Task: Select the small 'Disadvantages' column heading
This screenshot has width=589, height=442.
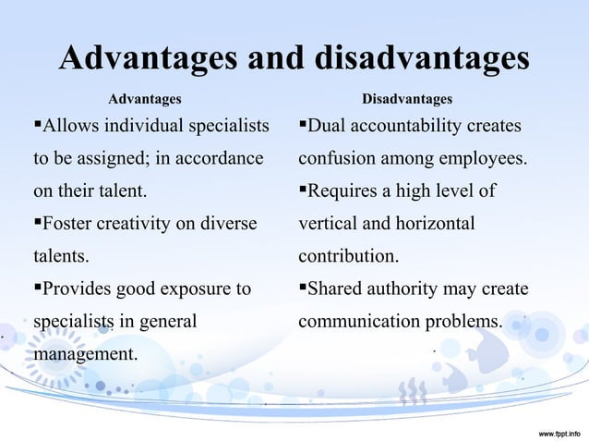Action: tap(407, 98)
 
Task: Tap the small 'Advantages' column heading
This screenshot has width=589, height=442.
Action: tap(145, 98)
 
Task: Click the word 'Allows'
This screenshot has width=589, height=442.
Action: tap(72, 125)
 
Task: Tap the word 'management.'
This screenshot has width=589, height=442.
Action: tap(86, 354)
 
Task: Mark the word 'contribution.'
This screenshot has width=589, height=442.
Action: tap(349, 255)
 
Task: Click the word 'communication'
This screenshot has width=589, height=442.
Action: tap(360, 323)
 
